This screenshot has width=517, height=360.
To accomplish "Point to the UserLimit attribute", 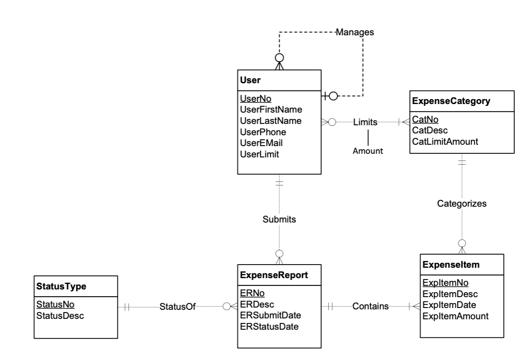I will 259,154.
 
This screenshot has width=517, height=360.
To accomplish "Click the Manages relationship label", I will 355,32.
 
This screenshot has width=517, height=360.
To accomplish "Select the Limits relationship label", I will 365,122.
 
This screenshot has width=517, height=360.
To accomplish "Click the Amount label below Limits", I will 367,151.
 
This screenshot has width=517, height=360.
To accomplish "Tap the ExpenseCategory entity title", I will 451,101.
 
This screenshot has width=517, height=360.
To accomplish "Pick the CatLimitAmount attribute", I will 445,142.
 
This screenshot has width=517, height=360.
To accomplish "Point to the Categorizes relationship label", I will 462,204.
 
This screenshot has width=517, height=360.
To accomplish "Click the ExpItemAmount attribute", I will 455,316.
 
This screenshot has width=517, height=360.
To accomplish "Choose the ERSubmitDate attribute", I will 270,315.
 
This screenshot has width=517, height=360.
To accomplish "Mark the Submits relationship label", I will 279,220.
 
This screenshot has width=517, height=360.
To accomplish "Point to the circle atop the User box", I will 280,57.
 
